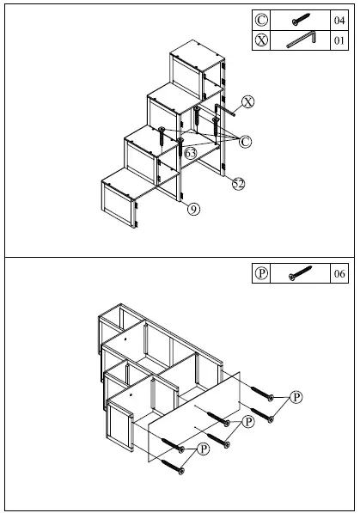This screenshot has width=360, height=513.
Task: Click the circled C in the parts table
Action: click(x=262, y=20)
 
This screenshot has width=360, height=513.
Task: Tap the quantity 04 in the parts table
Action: click(x=338, y=20)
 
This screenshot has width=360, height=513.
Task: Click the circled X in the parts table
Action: click(x=262, y=40)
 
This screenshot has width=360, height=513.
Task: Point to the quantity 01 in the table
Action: click(x=338, y=40)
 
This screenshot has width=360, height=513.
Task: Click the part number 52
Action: click(x=239, y=183)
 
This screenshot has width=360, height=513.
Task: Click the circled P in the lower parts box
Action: click(x=262, y=274)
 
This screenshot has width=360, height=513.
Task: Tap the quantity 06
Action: click(x=338, y=274)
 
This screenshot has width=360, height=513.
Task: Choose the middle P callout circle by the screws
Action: click(x=249, y=422)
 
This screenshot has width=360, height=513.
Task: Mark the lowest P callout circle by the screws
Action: click(x=204, y=449)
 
